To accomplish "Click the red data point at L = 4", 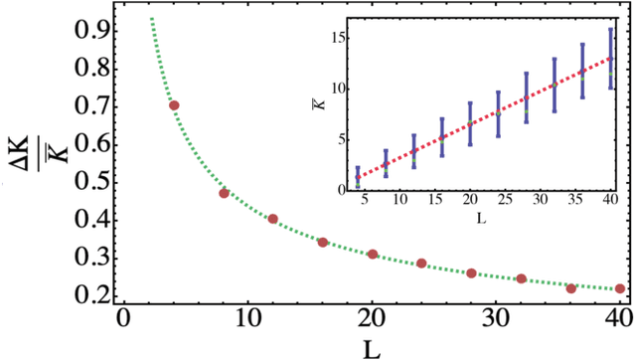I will (x=174, y=105).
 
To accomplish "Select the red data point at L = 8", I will (x=224, y=193).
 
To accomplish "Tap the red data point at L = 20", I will (x=373, y=255).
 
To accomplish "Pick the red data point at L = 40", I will (x=620, y=288).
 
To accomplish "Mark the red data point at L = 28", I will (x=471, y=273).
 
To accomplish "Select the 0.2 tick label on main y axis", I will (x=83, y=296).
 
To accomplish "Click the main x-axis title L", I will (x=370, y=346).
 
